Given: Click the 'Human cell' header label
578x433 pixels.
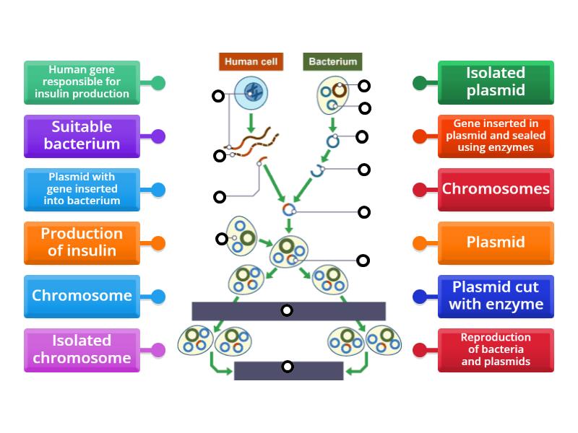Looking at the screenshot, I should (x=251, y=61).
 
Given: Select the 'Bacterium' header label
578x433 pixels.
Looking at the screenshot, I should (x=332, y=61).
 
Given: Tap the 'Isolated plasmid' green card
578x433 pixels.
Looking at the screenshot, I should (x=495, y=82).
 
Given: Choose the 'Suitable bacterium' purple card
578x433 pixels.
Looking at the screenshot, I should (x=82, y=136).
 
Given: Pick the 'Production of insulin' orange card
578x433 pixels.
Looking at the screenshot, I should (x=82, y=242).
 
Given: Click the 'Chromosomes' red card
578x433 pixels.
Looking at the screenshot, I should (x=495, y=189).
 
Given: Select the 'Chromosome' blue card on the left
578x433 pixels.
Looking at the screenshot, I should (x=82, y=296).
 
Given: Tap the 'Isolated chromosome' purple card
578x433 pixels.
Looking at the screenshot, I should (x=82, y=349).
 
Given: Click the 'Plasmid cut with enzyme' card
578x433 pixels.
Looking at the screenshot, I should (x=495, y=296).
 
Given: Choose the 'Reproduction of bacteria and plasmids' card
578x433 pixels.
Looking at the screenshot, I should (x=495, y=349).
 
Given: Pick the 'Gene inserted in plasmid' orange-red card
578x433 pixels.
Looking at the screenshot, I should (x=495, y=136).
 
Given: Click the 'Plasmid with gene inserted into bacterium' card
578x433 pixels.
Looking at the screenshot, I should (x=82, y=189).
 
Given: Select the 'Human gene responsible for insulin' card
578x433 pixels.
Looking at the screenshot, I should (x=82, y=82).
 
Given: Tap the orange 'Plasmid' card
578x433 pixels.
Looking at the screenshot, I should (x=495, y=242).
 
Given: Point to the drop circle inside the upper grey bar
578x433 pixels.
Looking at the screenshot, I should (x=287, y=310).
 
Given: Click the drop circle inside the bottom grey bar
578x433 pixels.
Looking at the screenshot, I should (x=288, y=367).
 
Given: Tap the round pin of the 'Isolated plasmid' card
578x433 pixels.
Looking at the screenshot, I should (x=419, y=83).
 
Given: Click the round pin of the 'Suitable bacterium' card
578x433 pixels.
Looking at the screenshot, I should (x=158, y=136).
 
